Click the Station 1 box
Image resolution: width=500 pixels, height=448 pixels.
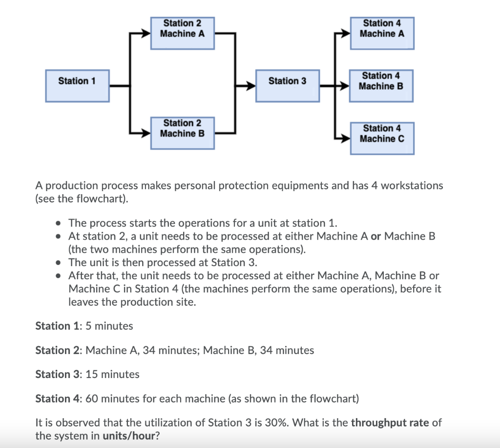pos(77,86)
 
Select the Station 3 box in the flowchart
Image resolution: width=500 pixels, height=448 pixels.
pos(288,86)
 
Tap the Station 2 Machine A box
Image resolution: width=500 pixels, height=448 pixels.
pos(182,33)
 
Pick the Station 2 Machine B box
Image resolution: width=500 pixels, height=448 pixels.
pos(182,133)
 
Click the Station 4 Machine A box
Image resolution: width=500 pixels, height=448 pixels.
pos(382,33)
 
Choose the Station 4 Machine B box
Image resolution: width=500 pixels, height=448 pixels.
pos(381,86)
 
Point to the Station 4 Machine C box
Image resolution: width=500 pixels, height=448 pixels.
pos(382,138)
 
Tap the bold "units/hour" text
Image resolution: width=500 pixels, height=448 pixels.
pos(128,436)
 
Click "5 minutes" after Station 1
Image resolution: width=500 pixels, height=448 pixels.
pos(109,326)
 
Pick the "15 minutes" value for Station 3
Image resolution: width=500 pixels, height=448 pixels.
pos(112,374)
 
